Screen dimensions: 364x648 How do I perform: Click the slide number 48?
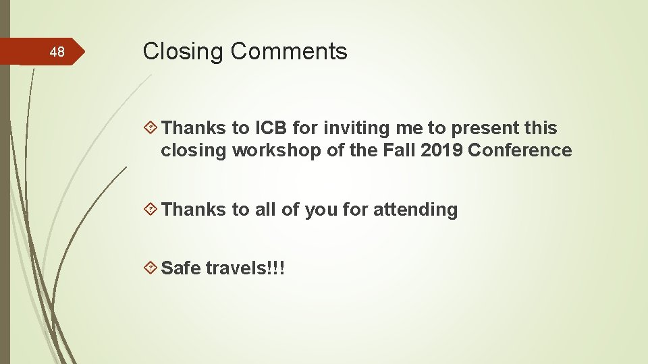coord(58,53)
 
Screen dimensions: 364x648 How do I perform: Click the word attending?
coord(415,210)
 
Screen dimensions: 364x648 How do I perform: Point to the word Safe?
coord(182,268)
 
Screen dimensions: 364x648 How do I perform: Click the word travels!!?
coord(246,268)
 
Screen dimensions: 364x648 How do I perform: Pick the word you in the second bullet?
coord(320,210)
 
